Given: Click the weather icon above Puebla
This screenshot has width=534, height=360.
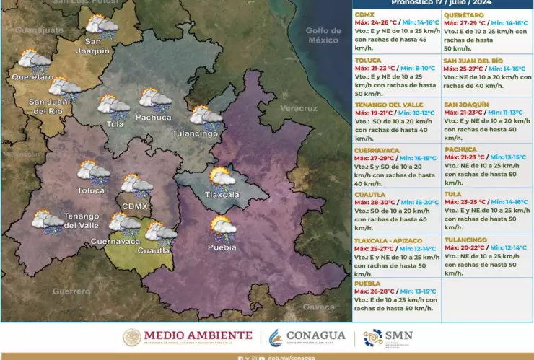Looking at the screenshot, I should coord(223,229).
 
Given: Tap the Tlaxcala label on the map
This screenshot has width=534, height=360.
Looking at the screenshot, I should coord(222,195).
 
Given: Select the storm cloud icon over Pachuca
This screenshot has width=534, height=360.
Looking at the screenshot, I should coord(155,99).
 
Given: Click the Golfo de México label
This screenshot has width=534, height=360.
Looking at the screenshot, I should coord(323,35).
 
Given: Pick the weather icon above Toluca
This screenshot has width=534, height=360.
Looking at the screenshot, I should coord(93,172).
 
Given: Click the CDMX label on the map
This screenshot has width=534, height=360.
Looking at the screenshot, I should coord(135,206).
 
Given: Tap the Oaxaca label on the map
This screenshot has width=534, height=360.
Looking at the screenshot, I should coord(318,307).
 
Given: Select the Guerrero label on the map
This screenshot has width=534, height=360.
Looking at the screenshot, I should coord(71,291).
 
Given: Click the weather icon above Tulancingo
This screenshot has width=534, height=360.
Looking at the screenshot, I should coord(206,116).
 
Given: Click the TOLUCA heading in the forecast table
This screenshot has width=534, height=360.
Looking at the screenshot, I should coord(368,61).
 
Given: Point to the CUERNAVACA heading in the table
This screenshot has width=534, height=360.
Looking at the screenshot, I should coord(377,149).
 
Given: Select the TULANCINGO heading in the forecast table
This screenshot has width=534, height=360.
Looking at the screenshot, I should coord(465,239).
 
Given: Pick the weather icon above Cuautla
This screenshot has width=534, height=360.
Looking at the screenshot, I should coord(160,233).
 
